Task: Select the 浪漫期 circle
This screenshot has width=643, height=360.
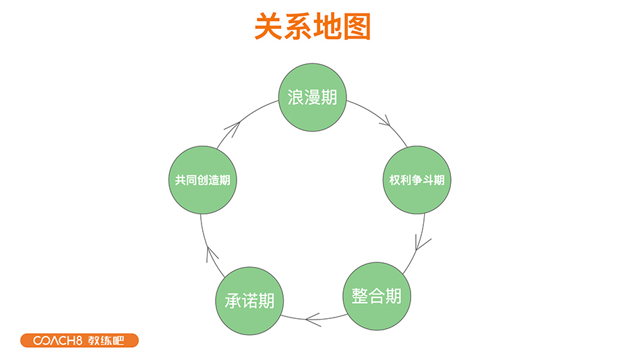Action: click(312, 98)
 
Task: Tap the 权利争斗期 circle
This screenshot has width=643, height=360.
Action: click(416, 181)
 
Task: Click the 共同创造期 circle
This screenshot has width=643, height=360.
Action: click(202, 181)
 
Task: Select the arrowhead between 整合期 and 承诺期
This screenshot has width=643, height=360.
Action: click(313, 318)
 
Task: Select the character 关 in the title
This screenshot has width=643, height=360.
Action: click(268, 28)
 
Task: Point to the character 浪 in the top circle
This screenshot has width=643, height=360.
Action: click(295, 98)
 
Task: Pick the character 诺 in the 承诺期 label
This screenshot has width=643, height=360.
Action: click(249, 301)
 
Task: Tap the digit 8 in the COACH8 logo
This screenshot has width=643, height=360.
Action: click(79, 340)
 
